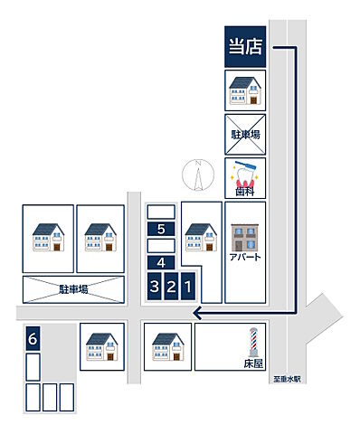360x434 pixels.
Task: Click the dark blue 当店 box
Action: (x=245, y=45)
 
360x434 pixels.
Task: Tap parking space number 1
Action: (x=187, y=287)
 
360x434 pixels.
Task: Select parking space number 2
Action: (x=171, y=287)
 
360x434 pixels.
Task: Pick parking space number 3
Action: (x=155, y=287)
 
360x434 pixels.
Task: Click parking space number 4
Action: (x=161, y=262)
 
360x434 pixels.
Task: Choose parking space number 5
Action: (x=161, y=229)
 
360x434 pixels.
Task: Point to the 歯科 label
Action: (x=245, y=192)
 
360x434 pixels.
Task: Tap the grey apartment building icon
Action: (x=245, y=237)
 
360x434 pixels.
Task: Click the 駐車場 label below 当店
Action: (x=245, y=134)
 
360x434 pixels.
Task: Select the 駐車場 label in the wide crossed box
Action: (x=73, y=289)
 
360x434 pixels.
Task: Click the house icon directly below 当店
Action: (x=245, y=90)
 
